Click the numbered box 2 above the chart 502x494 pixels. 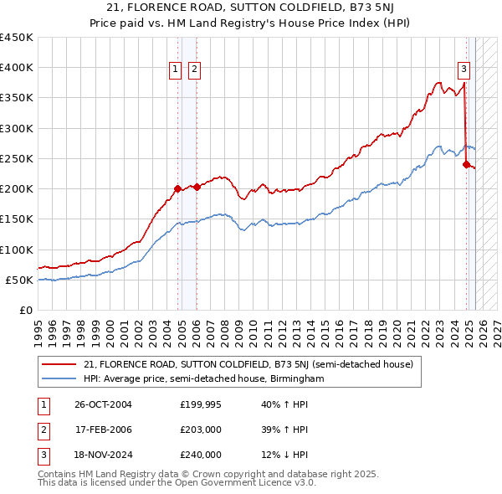(x=194, y=70)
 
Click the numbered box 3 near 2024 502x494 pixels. (x=463, y=70)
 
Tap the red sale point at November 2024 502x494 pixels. (x=466, y=164)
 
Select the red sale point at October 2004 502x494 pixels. (x=177, y=188)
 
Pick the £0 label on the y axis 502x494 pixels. (x=25, y=310)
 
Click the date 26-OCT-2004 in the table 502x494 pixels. (x=104, y=404)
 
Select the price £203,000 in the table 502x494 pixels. (x=201, y=430)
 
